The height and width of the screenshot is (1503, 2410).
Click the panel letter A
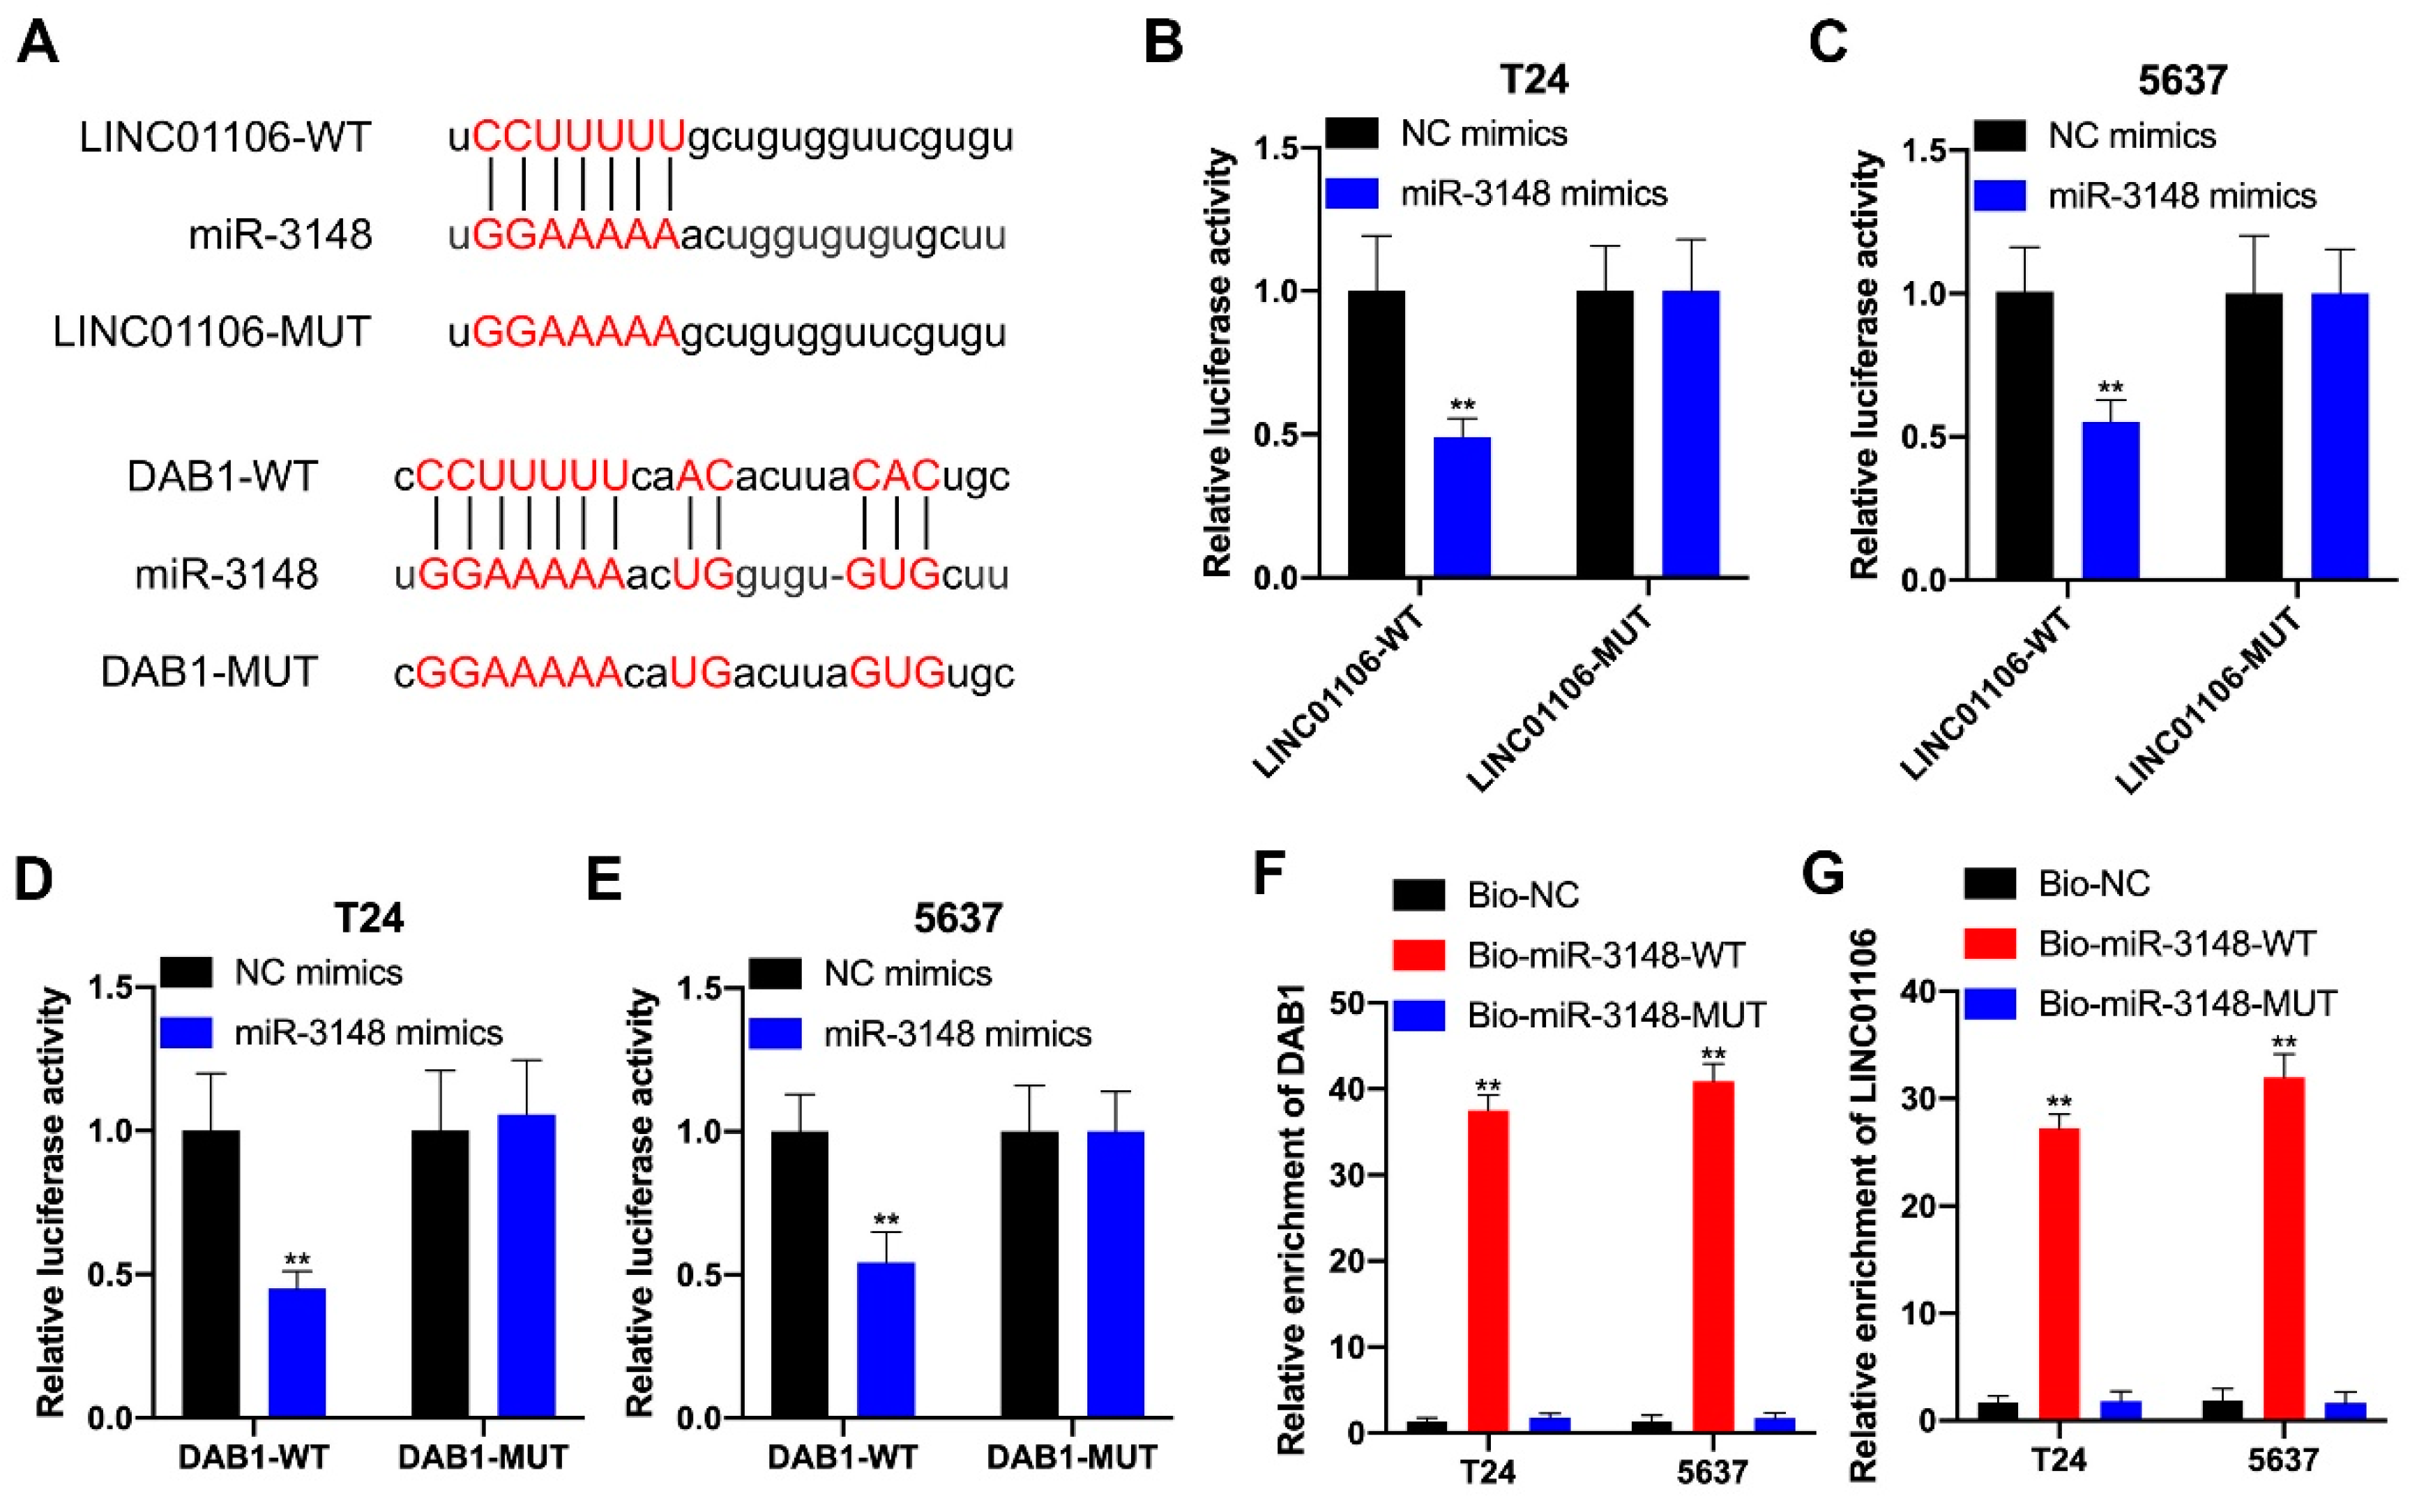point(38,44)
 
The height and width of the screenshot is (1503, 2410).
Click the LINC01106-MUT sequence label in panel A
point(212,332)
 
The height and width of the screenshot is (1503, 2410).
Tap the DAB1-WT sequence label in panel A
point(222,476)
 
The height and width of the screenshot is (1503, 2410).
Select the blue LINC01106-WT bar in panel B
point(1461,507)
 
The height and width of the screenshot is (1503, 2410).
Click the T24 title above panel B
point(1533,80)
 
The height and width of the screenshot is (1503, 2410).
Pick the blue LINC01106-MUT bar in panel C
point(2340,435)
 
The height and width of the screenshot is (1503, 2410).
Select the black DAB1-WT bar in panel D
point(211,1272)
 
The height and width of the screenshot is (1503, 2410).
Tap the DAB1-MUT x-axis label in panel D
point(483,1457)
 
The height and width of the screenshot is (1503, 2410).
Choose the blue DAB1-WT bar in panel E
point(886,1339)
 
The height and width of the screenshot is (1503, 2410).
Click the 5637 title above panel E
point(958,918)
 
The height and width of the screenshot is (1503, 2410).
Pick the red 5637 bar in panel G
point(2284,1248)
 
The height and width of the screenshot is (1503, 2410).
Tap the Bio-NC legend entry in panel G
point(2093,883)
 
